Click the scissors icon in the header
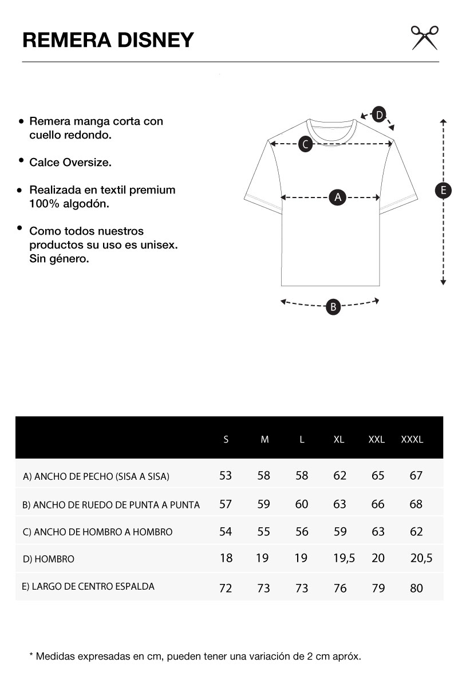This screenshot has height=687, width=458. pos(424,37)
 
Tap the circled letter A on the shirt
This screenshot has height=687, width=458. pos(338,198)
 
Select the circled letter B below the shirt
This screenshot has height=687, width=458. pos(333,307)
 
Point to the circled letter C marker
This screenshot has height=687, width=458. pos(306,144)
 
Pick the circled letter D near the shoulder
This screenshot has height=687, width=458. pos(379,114)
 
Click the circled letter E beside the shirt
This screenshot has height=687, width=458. pos(443,191)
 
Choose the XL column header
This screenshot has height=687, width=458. pos(339,440)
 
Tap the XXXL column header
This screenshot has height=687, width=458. pos(412,440)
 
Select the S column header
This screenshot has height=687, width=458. pos(226,440)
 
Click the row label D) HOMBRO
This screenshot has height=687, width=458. pos(49,559)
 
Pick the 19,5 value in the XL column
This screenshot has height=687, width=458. pos(343,558)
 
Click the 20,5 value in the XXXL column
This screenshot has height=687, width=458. pos(421,558)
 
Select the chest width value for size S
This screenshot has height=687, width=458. pos(226,475)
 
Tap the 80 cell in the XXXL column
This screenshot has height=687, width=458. pos(416,588)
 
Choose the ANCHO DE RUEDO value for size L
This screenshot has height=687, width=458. pos(302,504)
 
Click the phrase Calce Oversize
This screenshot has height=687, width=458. pos(70,163)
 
